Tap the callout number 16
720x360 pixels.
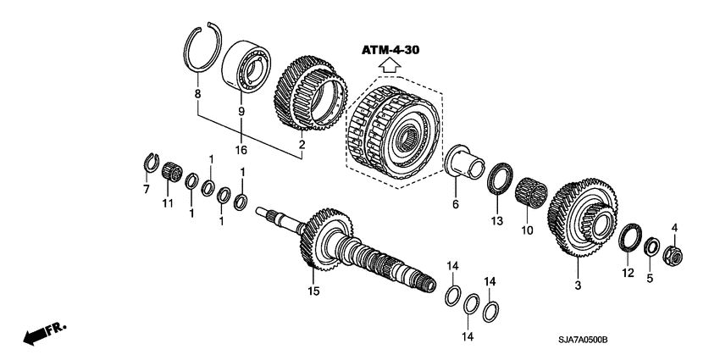tap(241, 150)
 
